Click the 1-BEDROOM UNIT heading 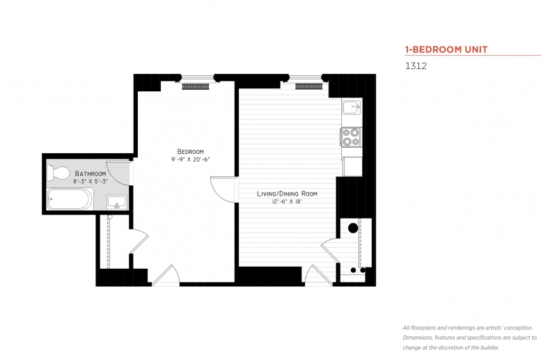446,49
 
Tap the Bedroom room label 190,151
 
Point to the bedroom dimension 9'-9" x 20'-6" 190,159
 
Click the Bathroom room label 90,173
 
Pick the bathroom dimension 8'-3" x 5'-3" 90,181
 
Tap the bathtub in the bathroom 70,201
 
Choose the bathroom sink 116,202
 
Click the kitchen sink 352,108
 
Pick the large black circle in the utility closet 352,227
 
